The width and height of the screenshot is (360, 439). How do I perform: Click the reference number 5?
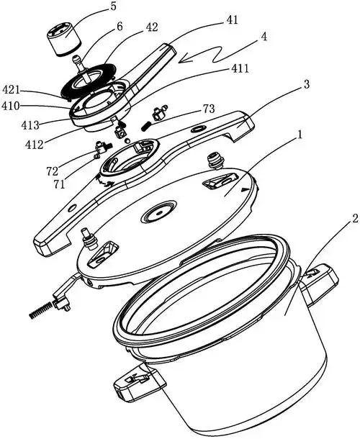coord(112,6)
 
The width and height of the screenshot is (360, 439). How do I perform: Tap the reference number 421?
coord(12,90)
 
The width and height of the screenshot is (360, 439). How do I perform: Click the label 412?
coord(34,144)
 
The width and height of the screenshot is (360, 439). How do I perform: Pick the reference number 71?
coord(59,184)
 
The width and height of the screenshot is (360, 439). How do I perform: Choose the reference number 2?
coord(355,219)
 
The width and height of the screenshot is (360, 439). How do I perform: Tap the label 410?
coord(11,106)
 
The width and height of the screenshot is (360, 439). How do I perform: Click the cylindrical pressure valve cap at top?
coord(64,39)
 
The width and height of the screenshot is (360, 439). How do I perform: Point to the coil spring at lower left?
coord(41,310)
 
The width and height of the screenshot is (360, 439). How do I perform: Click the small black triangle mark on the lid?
coord(245,190)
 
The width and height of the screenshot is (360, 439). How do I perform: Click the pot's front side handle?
coord(138,383)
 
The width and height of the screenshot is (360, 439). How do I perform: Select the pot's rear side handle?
coord(320,283)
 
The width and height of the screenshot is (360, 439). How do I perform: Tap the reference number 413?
coord(30,125)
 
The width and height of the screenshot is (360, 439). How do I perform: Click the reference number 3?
coord(307,84)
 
